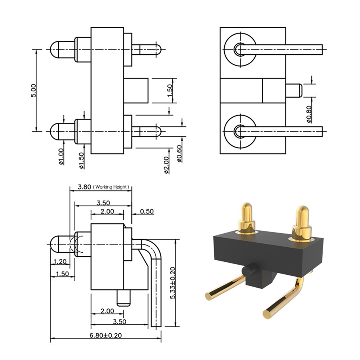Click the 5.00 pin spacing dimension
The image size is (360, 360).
[33, 90]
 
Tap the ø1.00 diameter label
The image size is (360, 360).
[61, 157]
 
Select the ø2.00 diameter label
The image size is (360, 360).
[166, 165]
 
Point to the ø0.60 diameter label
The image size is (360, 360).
[180, 154]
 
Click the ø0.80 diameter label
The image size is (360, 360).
[309, 114]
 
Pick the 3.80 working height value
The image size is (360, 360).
[84, 187]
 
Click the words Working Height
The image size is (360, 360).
[111, 187]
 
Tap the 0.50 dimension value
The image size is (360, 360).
[147, 211]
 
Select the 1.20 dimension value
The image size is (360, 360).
[60, 261]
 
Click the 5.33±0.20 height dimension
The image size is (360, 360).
[173, 283]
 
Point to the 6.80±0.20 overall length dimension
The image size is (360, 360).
[105, 336]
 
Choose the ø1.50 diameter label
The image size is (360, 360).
[81, 161]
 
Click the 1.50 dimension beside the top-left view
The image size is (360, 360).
[170, 90]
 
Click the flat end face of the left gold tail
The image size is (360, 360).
[209, 296]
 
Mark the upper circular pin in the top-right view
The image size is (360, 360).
[240, 49]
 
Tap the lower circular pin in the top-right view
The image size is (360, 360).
[240, 131]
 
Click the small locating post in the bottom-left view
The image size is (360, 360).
[123, 298]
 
